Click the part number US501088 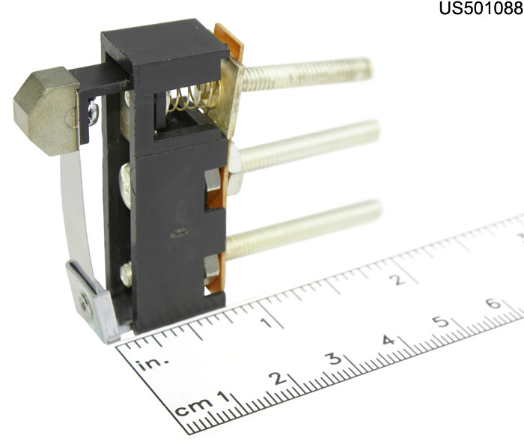(481, 8)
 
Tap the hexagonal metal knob (46, 111)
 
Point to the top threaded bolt (305, 73)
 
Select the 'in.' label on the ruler (152, 363)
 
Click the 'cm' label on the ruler (194, 407)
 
